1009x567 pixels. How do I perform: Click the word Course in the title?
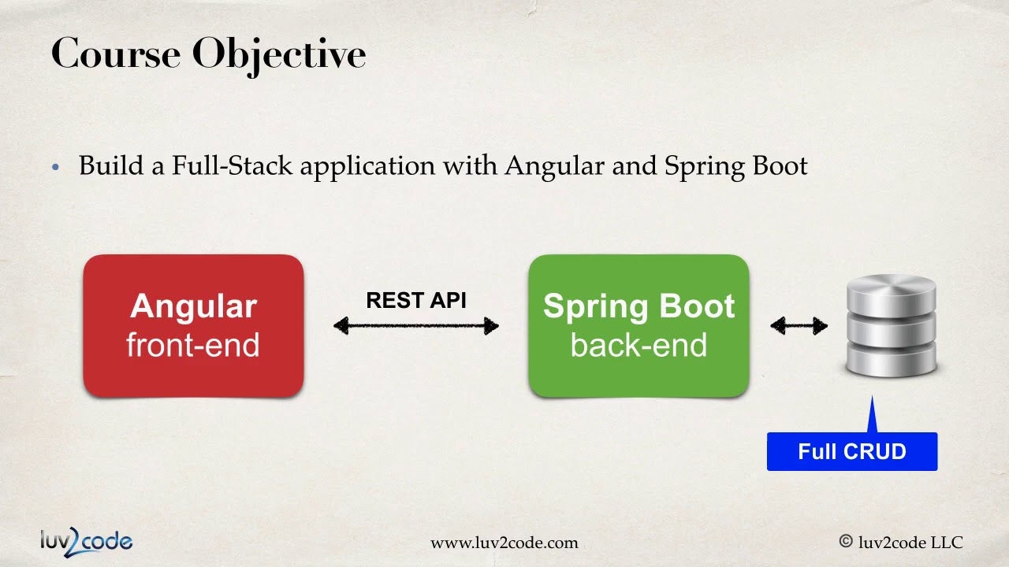point(115,54)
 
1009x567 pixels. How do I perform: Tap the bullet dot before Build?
point(55,167)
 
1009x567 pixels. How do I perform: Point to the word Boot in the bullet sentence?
point(780,166)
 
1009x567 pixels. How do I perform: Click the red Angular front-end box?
point(193,325)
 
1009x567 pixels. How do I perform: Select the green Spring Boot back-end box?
point(639,325)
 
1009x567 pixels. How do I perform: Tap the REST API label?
point(416,301)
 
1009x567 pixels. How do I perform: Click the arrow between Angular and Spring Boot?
point(416,326)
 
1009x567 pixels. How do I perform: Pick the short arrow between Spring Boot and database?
point(799,326)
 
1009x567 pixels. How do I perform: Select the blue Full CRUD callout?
point(852,452)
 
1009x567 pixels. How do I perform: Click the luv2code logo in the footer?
point(86,541)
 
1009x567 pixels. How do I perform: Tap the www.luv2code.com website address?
point(504,543)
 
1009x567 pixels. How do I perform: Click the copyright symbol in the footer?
point(846,542)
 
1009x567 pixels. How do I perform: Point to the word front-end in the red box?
point(193,346)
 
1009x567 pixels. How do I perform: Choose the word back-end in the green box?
point(639,346)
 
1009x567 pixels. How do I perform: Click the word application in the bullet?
point(367,167)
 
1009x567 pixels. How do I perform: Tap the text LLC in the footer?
point(947,542)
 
